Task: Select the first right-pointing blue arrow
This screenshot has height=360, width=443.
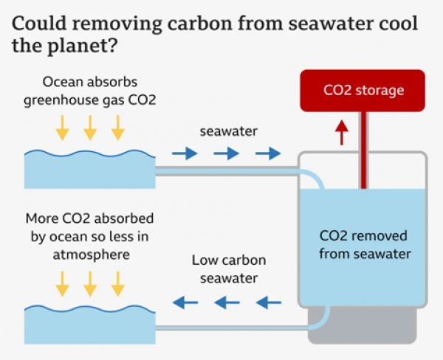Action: coord(181,153)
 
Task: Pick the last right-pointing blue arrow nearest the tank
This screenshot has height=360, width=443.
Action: coord(268,153)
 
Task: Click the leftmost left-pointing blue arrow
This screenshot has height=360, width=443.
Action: coord(181,301)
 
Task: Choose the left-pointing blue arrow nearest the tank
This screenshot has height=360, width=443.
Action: coord(269,301)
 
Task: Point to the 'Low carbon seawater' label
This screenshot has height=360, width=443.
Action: coord(229,269)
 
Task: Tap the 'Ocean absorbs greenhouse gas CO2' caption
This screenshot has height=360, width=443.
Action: coord(89,90)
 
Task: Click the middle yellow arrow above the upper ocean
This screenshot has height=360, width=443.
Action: coord(90,127)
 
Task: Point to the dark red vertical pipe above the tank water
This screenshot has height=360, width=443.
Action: coord(362,148)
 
